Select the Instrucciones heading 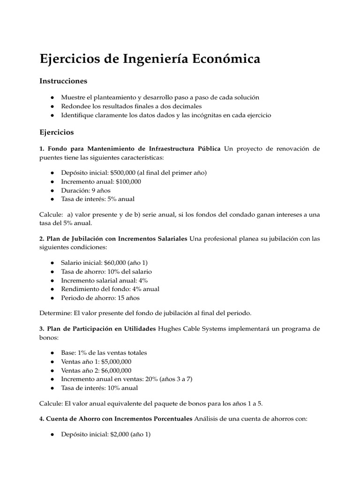pyautogui.click(x=63, y=81)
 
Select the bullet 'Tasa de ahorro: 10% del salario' pyautogui.click(x=106, y=271)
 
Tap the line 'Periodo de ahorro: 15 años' pyautogui.click(x=100, y=298)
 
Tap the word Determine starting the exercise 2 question pyautogui.click(x=54, y=311)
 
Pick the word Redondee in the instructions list pyautogui.click(x=74, y=106)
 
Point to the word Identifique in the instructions pyautogui.click(x=76, y=115)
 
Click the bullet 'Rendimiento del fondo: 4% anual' pyautogui.click(x=110, y=289)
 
